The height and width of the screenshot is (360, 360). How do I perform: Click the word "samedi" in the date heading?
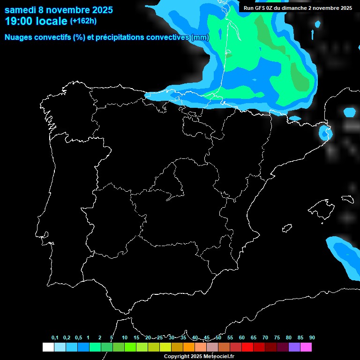click(x=21, y=10)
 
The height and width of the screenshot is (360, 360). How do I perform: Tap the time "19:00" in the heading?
click(x=19, y=21)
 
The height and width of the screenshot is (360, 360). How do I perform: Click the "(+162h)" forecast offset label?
click(x=83, y=21)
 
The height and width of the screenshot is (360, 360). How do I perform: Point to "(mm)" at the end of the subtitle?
click(x=200, y=37)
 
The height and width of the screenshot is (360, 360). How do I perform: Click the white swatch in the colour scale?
click(x=48, y=347)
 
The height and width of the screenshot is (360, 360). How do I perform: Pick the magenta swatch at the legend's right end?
click(x=306, y=347)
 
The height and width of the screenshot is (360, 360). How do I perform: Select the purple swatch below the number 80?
click(x=294, y=347)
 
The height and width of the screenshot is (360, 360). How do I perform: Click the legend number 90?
click(x=312, y=338)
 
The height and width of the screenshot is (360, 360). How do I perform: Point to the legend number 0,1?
click(x=55, y=338)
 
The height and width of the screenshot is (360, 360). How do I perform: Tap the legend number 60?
click(x=241, y=338)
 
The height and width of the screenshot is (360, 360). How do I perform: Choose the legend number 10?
click(x=124, y=338)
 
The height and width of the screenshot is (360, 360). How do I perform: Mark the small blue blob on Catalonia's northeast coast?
click(x=324, y=133)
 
